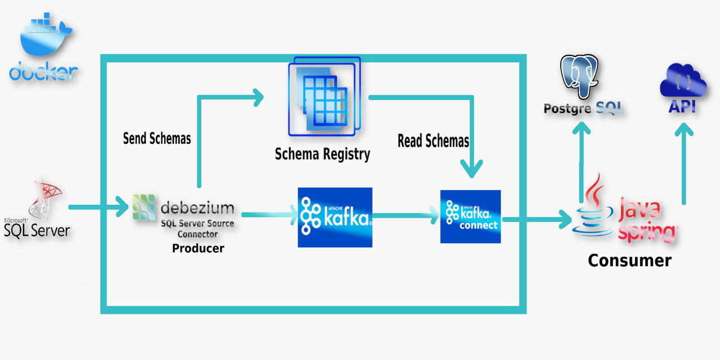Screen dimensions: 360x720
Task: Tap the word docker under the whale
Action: click(x=43, y=71)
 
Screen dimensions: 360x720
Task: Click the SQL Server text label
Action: click(x=37, y=229)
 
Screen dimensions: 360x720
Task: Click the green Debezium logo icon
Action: click(x=144, y=207)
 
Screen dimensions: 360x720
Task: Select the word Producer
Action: click(x=198, y=248)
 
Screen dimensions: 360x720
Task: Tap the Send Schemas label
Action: click(x=157, y=138)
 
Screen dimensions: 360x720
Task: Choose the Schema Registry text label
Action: click(x=322, y=154)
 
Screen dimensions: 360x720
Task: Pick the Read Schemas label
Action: click(x=433, y=141)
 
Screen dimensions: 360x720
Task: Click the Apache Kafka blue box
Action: click(x=335, y=217)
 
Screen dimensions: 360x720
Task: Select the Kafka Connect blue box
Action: click(x=470, y=217)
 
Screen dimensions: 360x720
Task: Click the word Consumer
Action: click(x=629, y=260)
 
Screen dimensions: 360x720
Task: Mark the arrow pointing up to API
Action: click(x=683, y=163)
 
